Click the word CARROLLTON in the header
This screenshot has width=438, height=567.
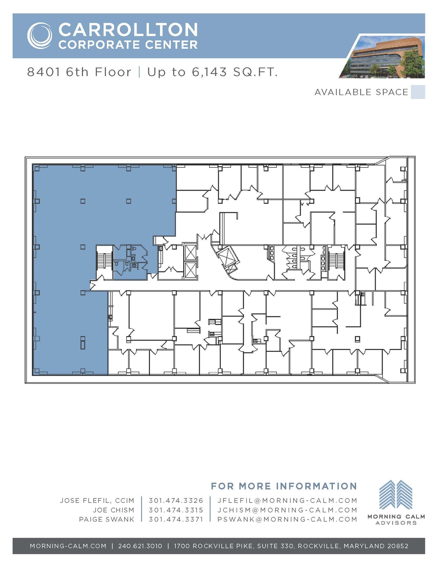click(128, 30)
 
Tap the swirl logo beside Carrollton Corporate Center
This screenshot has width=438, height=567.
click(40, 36)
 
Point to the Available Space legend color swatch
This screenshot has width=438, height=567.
click(418, 92)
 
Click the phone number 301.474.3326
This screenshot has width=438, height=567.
click(176, 501)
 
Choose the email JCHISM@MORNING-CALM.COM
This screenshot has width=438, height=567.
click(287, 510)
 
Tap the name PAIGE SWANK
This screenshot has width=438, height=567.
click(107, 519)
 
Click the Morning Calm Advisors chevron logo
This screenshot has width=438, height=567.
click(396, 495)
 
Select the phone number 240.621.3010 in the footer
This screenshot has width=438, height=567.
click(140, 546)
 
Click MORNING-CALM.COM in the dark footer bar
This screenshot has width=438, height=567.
click(68, 546)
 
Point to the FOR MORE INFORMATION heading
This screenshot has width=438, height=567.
click(284, 486)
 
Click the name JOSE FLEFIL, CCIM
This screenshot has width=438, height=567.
click(97, 501)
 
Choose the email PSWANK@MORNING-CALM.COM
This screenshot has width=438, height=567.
click(287, 519)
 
